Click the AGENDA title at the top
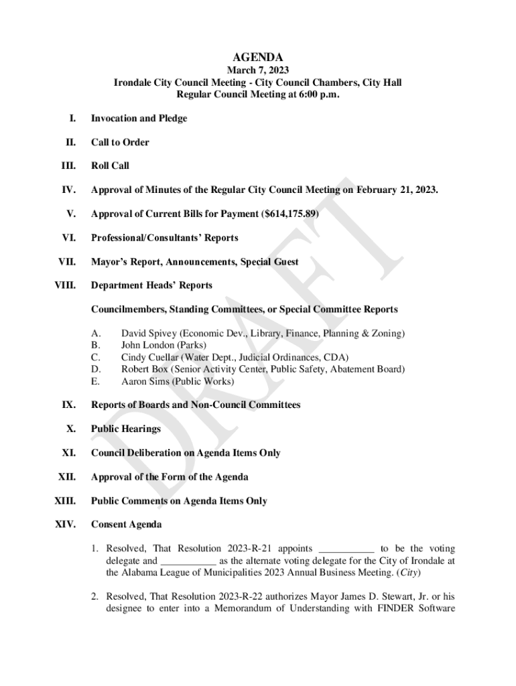(x=257, y=58)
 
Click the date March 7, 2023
(x=257, y=70)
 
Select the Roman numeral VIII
(x=67, y=285)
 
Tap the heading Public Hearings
(x=126, y=429)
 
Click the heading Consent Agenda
(x=126, y=525)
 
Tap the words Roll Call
(x=110, y=166)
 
